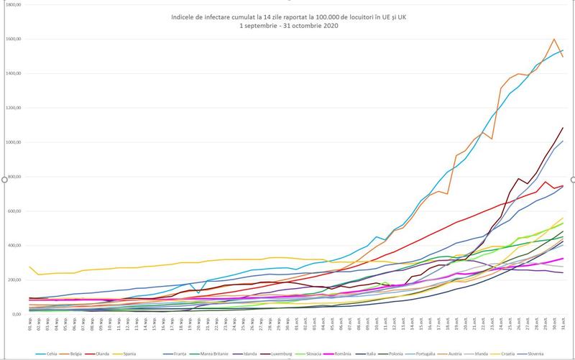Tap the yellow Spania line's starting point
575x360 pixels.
click(x=29, y=267)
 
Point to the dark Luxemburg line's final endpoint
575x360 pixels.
click(x=563, y=128)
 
